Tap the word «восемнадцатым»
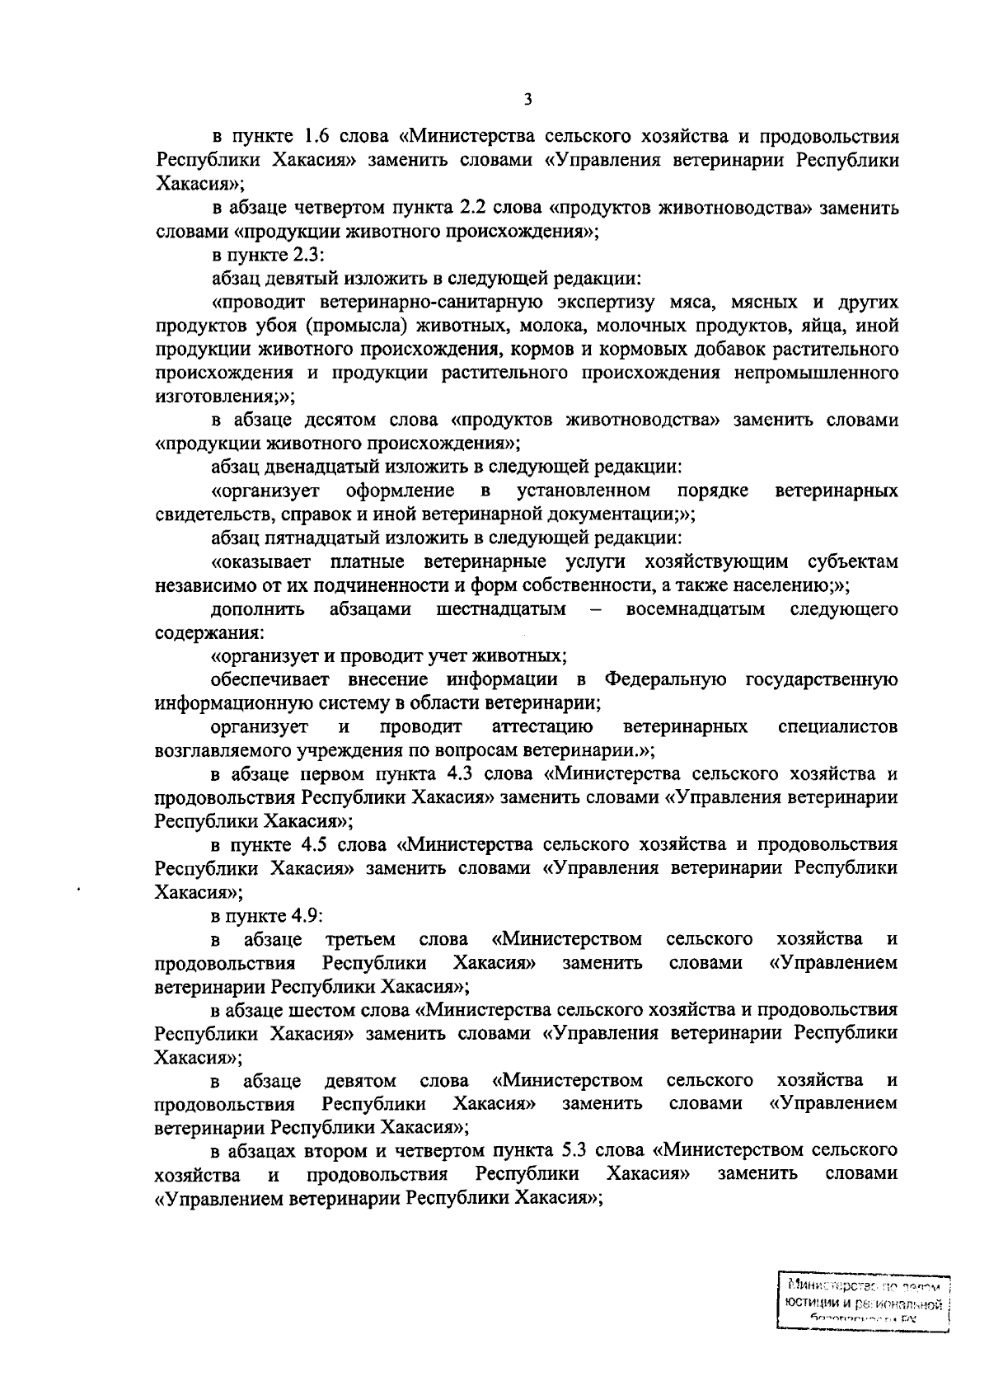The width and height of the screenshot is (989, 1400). coord(696,609)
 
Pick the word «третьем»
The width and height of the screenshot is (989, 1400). coord(361,939)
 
